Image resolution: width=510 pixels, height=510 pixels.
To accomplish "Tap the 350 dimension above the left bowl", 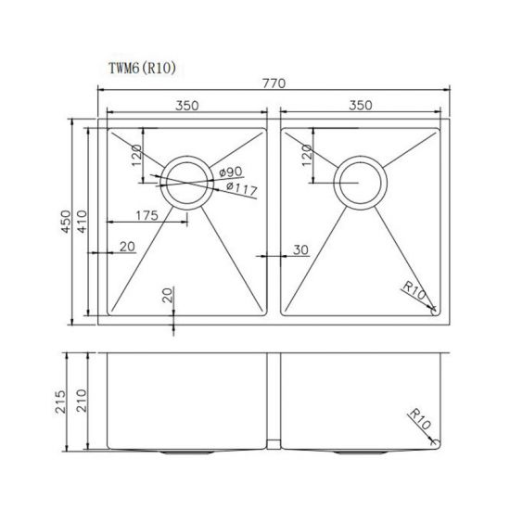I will tap(187, 106).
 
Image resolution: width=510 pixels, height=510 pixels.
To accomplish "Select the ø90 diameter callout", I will tap(232, 172).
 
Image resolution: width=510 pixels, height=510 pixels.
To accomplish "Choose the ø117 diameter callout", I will tap(240, 189).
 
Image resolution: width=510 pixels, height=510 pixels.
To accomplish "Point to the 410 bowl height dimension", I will tap(83, 223).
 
